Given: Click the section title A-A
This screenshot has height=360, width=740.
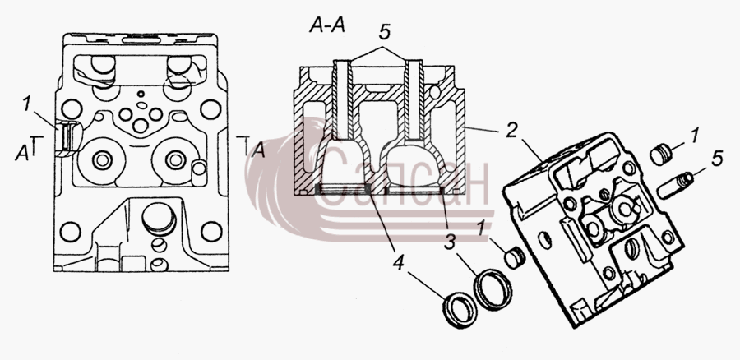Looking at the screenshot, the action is (x=327, y=25).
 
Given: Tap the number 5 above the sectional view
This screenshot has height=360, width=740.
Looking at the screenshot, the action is (x=384, y=33).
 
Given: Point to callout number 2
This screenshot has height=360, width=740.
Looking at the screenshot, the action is (x=511, y=131).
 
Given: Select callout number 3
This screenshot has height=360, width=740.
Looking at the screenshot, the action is (x=450, y=244).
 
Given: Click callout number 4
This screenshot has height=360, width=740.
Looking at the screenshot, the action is (x=399, y=264).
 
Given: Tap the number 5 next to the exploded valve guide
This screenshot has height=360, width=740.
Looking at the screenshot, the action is (x=716, y=159).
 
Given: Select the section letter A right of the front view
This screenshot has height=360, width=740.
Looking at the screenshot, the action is (x=258, y=151).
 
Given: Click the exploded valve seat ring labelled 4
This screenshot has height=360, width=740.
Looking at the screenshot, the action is (x=460, y=309).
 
